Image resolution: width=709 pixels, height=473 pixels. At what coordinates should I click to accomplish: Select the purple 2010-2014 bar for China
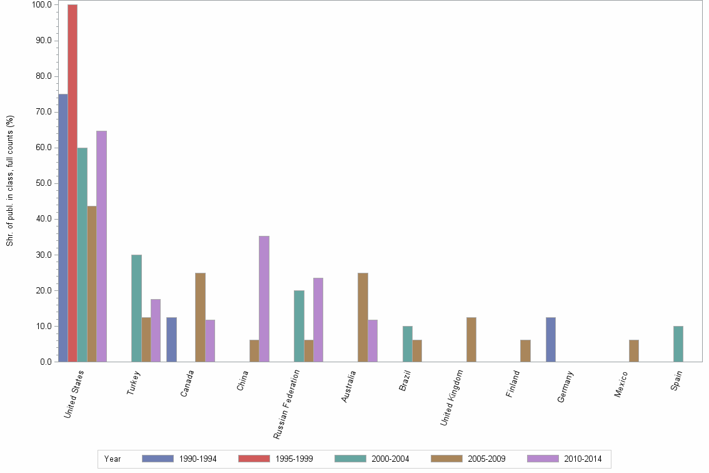point(264,299)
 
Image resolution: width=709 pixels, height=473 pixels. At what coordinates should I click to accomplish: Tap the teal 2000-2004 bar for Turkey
point(136,308)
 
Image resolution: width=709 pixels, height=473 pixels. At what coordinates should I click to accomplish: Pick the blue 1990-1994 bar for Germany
point(550,340)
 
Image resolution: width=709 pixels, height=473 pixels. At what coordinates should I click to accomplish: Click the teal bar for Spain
point(678,344)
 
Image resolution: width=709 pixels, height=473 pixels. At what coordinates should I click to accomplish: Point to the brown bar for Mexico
point(634,351)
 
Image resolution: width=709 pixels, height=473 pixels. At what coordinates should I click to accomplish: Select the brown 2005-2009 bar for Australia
point(363,317)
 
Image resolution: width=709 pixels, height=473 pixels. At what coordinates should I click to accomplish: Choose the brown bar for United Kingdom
point(471,340)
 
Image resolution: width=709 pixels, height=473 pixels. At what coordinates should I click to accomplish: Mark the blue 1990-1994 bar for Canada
point(171,340)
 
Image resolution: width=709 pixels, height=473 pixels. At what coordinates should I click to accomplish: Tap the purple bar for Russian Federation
point(318,320)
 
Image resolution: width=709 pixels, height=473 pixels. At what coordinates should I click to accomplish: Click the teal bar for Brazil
point(408,344)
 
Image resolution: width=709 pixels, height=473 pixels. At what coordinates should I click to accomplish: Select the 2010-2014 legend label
point(583,459)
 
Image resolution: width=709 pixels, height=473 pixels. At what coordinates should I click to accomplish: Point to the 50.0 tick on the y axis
point(42,183)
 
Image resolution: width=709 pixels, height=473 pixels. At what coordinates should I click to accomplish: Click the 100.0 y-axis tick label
point(41,5)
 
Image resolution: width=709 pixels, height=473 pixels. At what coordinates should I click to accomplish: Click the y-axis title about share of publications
point(10,181)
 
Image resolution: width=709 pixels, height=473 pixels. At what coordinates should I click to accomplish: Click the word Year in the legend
point(113,459)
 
